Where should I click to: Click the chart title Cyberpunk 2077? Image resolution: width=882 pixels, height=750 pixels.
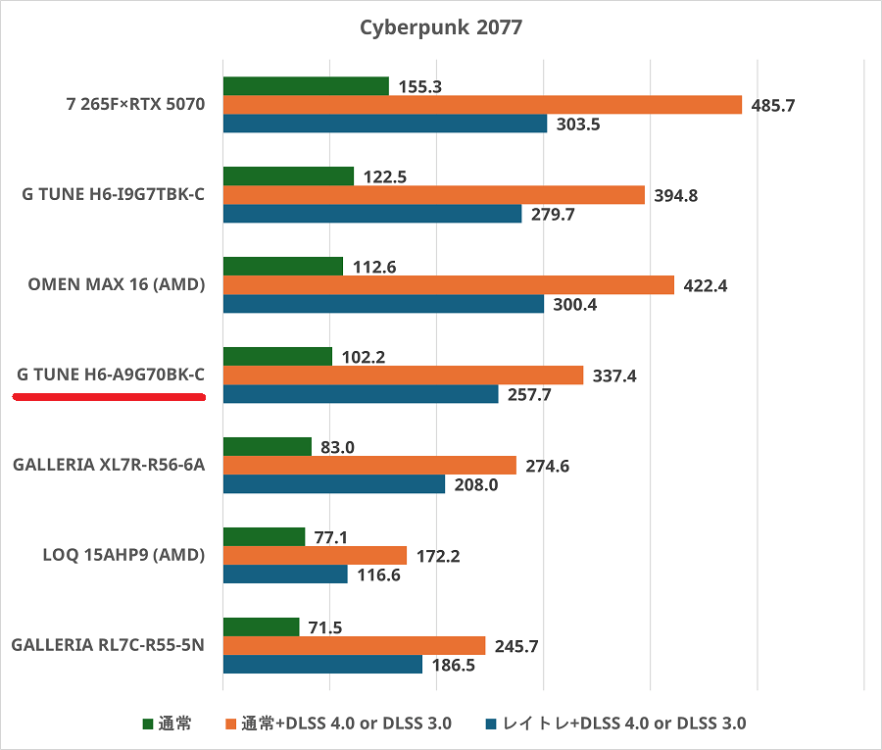point(440,26)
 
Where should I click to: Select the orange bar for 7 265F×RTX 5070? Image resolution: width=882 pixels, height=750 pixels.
point(482,105)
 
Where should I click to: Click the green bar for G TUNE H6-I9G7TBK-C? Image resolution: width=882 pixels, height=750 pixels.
point(288,176)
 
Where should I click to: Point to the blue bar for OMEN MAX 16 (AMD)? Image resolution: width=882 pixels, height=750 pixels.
point(383,304)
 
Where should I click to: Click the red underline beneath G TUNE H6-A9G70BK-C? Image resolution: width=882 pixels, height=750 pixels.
point(109,397)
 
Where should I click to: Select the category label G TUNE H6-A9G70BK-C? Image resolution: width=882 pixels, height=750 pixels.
point(111,374)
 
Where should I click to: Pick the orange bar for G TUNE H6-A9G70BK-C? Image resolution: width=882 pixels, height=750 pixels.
point(403,375)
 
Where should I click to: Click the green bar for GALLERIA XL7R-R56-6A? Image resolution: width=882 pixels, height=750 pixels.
point(268,447)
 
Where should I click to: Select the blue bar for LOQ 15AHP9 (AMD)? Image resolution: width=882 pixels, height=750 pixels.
point(285,575)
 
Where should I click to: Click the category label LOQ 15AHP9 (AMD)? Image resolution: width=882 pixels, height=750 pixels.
point(123,555)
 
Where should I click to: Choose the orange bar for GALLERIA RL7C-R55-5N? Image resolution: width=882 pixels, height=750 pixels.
point(354,646)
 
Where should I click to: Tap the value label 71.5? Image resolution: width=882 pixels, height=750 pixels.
point(324,627)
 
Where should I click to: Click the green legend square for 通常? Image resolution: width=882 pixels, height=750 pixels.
point(148,725)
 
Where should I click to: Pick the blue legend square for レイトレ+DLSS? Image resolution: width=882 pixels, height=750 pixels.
point(493,725)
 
